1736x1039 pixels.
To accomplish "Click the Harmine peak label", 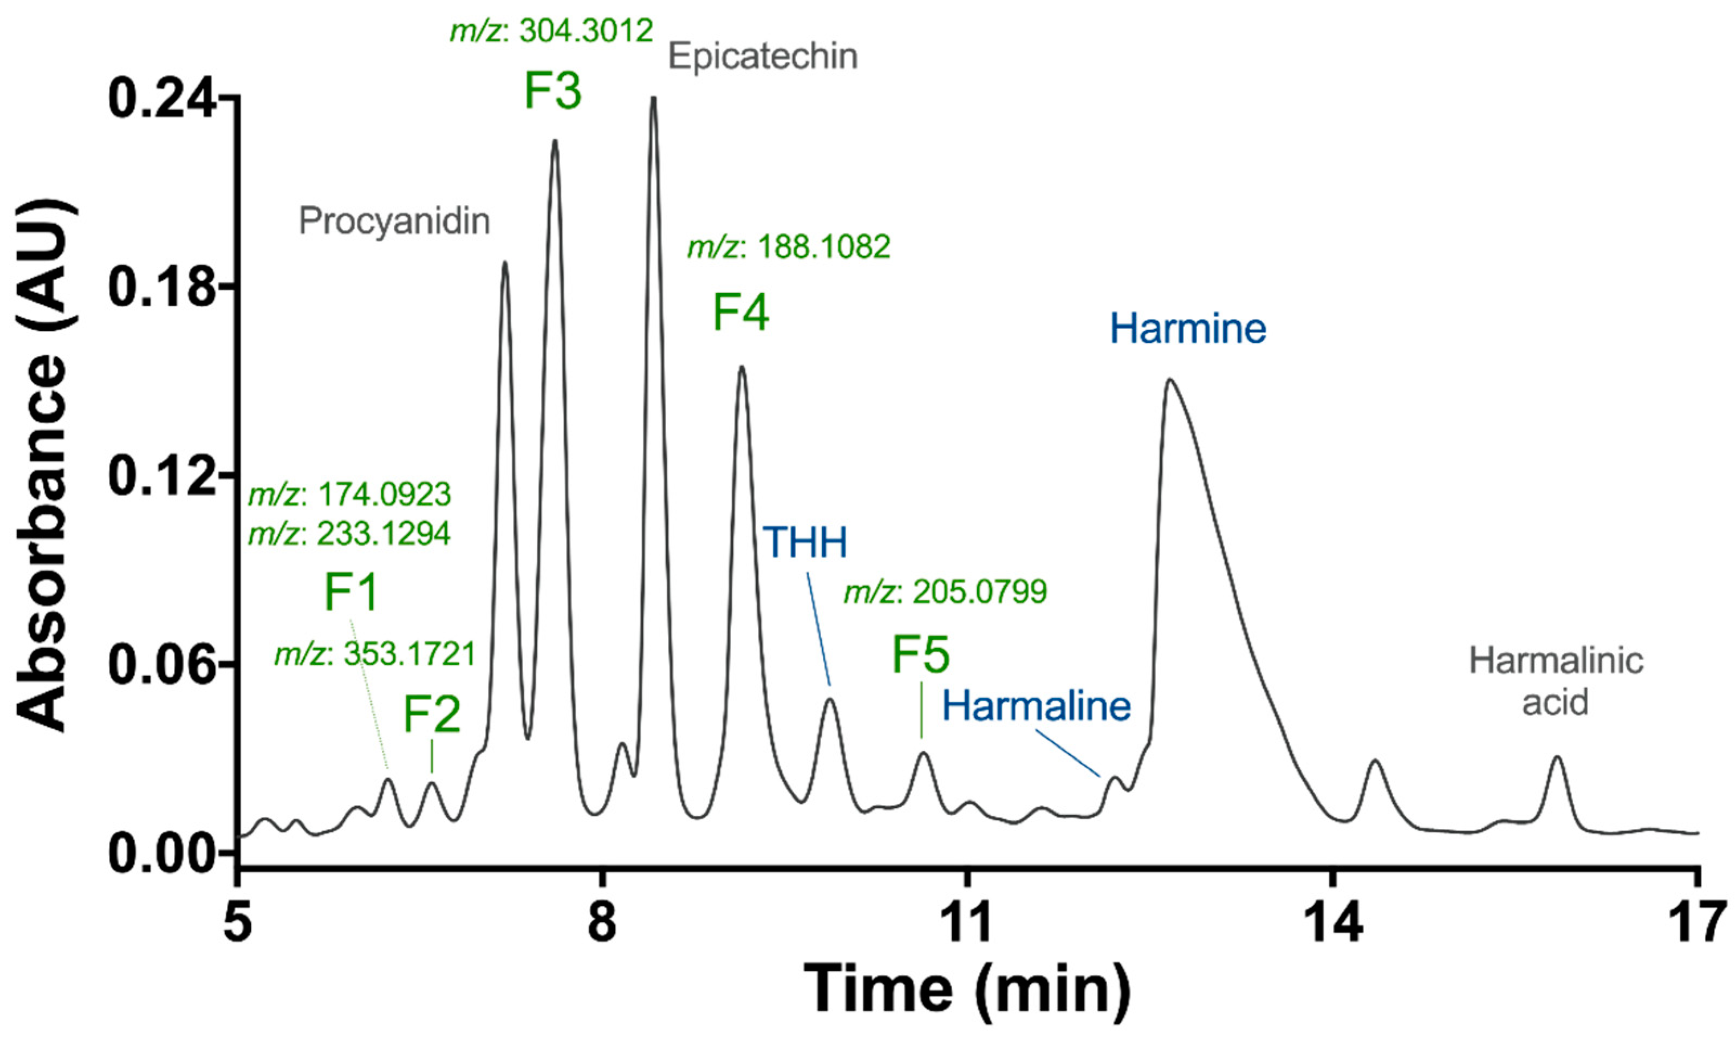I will click(1188, 328).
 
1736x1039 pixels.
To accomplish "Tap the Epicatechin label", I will click(762, 56).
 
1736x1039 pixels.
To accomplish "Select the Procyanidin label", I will click(394, 221).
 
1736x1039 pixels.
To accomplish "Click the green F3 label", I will click(552, 92).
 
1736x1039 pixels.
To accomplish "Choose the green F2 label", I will click(431, 714).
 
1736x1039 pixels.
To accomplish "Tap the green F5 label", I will click(920, 654).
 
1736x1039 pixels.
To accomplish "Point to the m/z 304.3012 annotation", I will click(551, 31).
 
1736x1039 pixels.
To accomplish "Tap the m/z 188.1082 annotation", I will click(789, 247).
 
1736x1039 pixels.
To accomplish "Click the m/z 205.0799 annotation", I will click(945, 592).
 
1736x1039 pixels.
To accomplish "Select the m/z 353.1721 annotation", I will click(374, 654).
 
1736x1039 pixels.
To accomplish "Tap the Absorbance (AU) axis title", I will click(43, 465).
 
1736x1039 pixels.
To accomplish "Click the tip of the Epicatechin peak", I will click(653, 98).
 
